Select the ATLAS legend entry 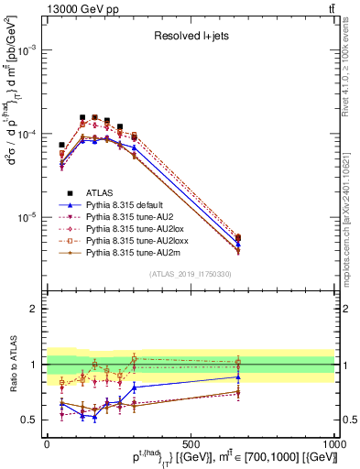point(100,193)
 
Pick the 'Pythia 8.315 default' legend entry point(125,207)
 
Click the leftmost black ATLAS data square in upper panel point(61,145)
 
